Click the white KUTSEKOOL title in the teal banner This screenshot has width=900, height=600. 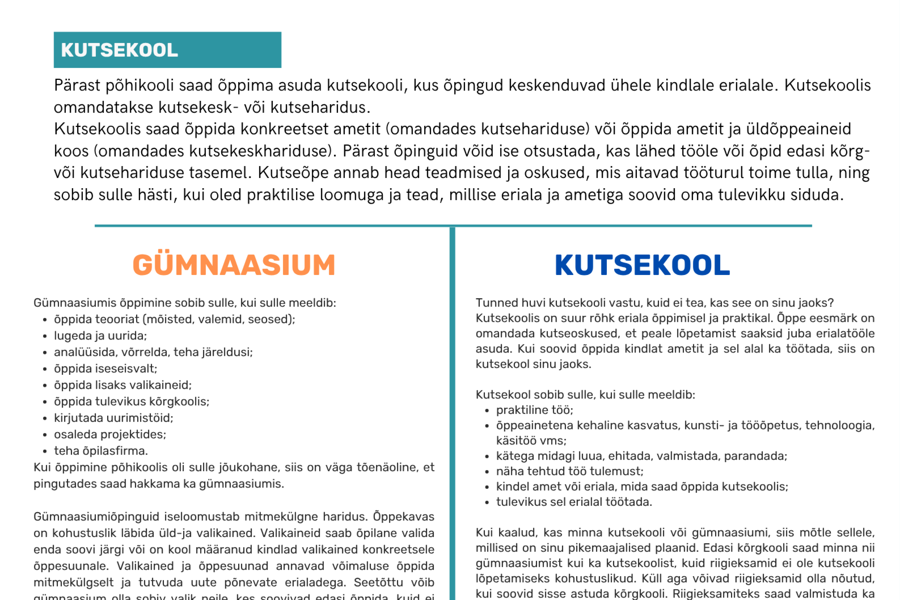point(119,50)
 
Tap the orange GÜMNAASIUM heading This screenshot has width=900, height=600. point(234,265)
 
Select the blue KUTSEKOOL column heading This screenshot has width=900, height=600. point(642,265)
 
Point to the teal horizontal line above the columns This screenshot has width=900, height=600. point(453,226)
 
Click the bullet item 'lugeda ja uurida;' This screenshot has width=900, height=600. point(100,336)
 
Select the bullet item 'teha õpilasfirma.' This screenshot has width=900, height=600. point(101,451)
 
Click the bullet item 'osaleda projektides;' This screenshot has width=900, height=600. point(110,434)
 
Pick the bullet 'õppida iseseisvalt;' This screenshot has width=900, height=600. point(106,369)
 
